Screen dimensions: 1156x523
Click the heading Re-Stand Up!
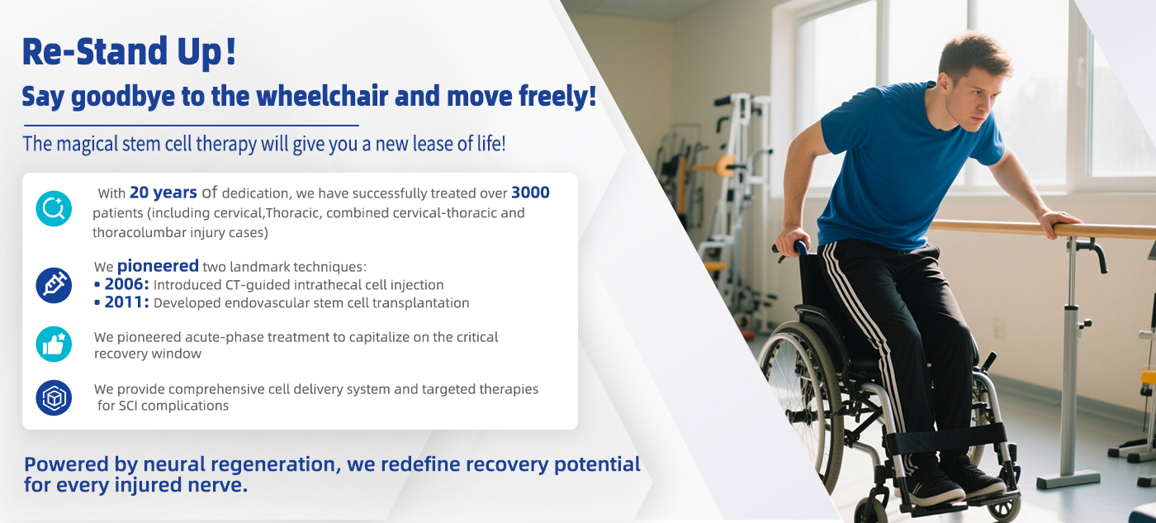click(x=129, y=51)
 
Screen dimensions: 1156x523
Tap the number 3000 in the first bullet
click(x=530, y=193)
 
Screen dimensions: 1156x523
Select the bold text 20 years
click(x=163, y=193)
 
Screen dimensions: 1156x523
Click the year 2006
click(x=126, y=284)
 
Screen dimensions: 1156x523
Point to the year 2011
click(x=126, y=302)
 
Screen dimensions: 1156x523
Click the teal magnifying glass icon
click(x=54, y=208)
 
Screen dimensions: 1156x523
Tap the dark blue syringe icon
click(x=54, y=286)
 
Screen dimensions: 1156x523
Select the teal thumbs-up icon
click(x=54, y=345)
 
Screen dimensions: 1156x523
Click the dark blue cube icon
click(x=54, y=398)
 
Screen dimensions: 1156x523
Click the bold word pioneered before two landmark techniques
click(x=158, y=266)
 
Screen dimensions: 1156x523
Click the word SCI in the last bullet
click(x=129, y=406)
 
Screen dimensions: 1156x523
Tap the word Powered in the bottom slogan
click(x=67, y=464)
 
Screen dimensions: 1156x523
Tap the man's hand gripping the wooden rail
click(x=1058, y=222)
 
